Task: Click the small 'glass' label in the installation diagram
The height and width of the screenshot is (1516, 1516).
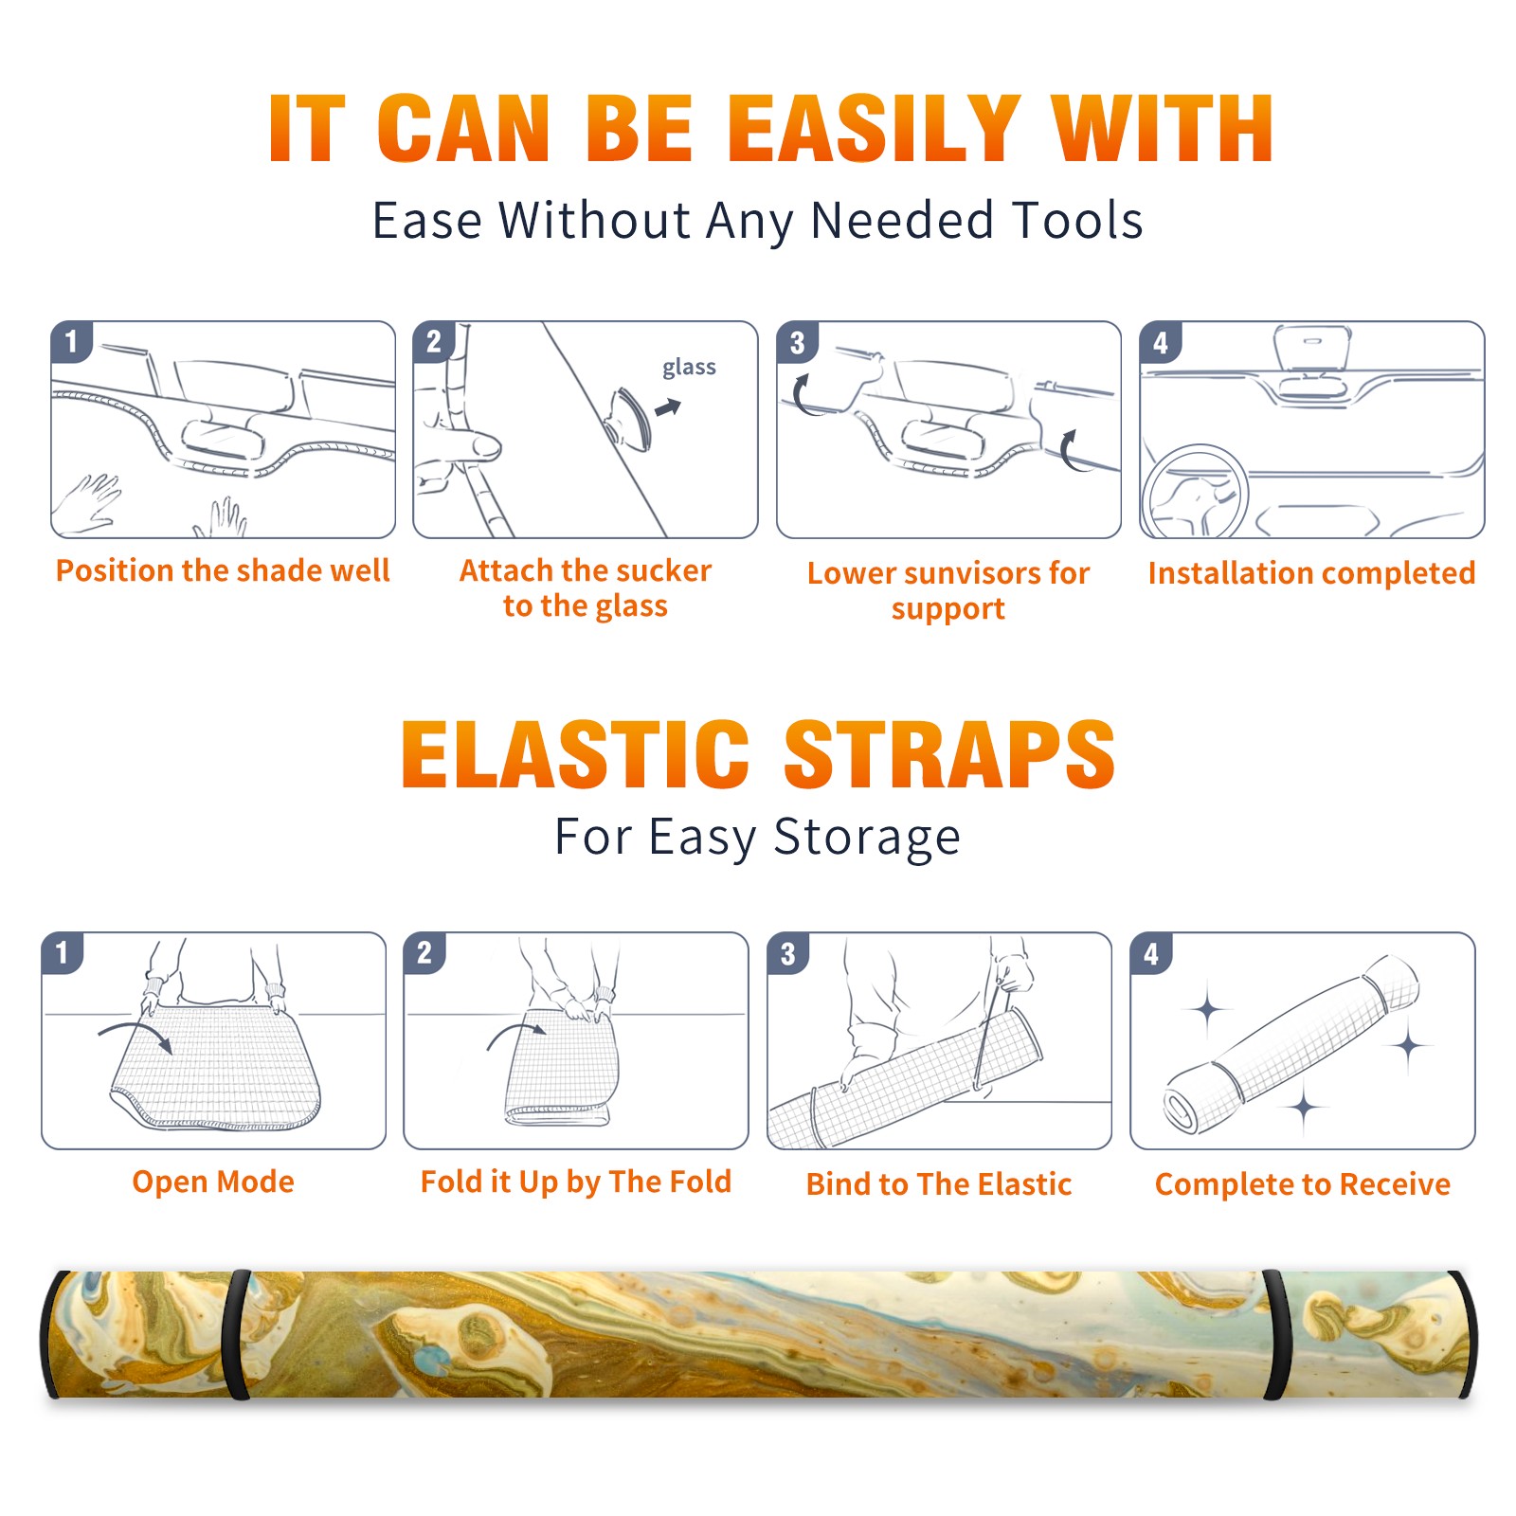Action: (689, 368)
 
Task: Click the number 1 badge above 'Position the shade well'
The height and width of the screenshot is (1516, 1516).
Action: (72, 341)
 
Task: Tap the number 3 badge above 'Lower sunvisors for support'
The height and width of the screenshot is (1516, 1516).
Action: (798, 342)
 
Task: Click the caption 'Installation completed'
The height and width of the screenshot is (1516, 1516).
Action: (1311, 572)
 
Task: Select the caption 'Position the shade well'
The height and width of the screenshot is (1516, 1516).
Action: (223, 570)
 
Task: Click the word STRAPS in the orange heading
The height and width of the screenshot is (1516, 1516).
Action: (949, 754)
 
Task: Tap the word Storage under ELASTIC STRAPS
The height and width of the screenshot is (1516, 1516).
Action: (867, 838)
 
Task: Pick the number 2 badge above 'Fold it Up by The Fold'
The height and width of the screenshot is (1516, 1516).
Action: (424, 952)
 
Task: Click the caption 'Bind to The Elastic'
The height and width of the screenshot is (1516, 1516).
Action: (939, 1183)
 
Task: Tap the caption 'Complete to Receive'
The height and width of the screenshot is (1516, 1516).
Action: (1303, 1184)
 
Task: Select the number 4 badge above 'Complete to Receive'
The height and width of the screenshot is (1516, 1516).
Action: (1151, 953)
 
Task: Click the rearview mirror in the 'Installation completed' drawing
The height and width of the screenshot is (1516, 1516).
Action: (1312, 347)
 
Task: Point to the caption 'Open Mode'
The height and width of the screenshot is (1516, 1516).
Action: (213, 1182)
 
